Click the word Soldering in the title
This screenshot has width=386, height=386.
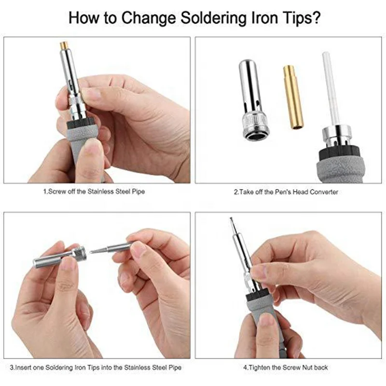point(213,18)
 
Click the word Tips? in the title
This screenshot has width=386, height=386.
point(298,18)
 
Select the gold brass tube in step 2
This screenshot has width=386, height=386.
point(293,97)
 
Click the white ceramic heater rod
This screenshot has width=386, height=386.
point(331,89)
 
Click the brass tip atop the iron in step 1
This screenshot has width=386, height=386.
point(64,45)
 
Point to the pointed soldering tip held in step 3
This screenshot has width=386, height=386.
point(111,248)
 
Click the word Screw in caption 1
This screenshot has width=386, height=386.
point(56,192)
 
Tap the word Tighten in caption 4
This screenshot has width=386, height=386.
point(260,368)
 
